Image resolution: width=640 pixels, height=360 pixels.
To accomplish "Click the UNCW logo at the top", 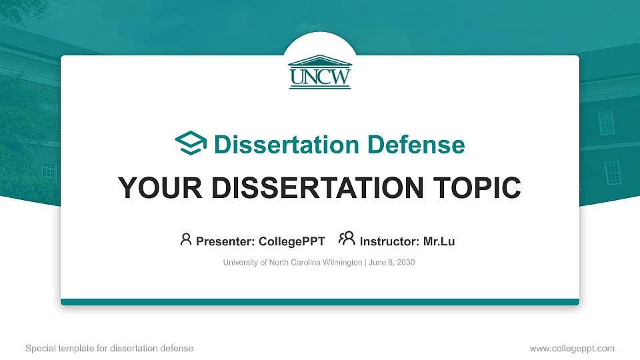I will tap(320, 71).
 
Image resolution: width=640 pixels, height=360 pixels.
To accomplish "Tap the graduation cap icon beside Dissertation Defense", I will tap(191, 144).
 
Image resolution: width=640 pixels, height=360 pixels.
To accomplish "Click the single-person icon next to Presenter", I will tap(186, 240).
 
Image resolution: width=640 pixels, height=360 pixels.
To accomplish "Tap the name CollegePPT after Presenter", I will tap(291, 241).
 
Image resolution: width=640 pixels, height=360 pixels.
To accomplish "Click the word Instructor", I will tap(389, 241).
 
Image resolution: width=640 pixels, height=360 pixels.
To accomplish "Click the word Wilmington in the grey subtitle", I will tap(337, 263).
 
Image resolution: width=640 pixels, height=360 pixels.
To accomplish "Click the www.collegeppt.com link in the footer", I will tap(572, 348).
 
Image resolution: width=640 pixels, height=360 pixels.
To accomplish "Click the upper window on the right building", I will tap(606, 122).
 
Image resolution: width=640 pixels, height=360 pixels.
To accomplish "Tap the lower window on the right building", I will tap(612, 173).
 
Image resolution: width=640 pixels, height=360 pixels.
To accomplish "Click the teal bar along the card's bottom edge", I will tap(320, 302).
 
